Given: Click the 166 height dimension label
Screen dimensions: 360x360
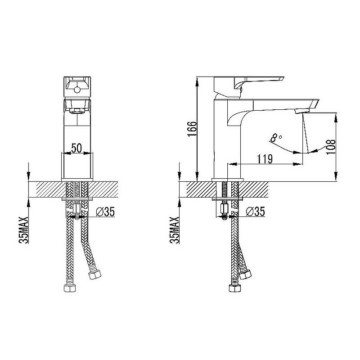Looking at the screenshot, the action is tap(192, 129).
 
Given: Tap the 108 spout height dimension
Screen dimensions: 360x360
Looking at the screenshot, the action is tap(331, 147).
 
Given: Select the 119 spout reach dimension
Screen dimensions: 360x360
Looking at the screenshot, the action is tap(265, 159).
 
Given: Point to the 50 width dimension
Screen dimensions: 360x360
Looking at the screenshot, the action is tap(76, 148).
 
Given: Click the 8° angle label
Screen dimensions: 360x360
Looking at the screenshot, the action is tap(276, 138).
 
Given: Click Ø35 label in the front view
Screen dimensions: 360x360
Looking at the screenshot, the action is tap(105, 211).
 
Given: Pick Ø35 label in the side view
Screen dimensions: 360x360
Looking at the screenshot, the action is tap(256, 211).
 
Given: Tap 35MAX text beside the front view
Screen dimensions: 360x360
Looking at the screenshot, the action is tap(24, 230).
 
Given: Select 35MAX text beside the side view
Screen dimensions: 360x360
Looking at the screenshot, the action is tap(174, 230).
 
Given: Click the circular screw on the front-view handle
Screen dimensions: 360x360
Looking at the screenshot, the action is tap(77, 90).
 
